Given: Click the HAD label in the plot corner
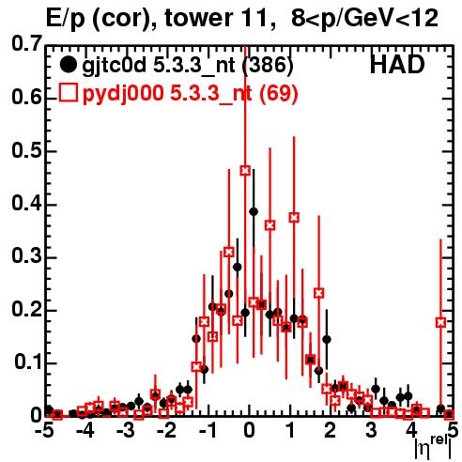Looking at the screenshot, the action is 397,65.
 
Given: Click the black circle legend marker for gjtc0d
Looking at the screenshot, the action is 68,65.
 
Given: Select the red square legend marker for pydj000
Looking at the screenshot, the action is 68,92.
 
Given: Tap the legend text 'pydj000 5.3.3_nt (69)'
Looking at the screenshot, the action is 190,93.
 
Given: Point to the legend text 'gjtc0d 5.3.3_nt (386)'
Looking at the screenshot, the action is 188,66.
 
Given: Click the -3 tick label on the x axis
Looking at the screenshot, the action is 126,430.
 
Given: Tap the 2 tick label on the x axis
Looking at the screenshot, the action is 330,430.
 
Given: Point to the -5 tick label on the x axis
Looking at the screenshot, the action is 45,430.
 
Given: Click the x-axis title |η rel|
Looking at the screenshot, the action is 433,448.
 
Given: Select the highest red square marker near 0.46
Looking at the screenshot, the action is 245,171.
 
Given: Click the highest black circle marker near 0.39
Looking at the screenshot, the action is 254,211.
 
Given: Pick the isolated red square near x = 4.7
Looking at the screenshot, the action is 440,322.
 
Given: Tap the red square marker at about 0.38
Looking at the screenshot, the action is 294,217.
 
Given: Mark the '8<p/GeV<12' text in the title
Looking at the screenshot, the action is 364,19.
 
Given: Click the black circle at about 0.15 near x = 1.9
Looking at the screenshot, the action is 327,339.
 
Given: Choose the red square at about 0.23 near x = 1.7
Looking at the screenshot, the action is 318,293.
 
